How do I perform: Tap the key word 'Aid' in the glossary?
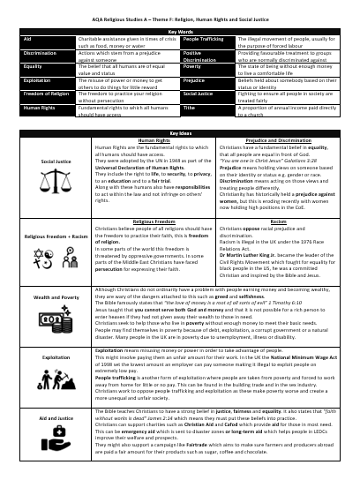click(x=29, y=39)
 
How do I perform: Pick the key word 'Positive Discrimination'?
click(x=197, y=56)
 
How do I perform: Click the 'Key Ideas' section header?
click(x=179, y=131)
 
